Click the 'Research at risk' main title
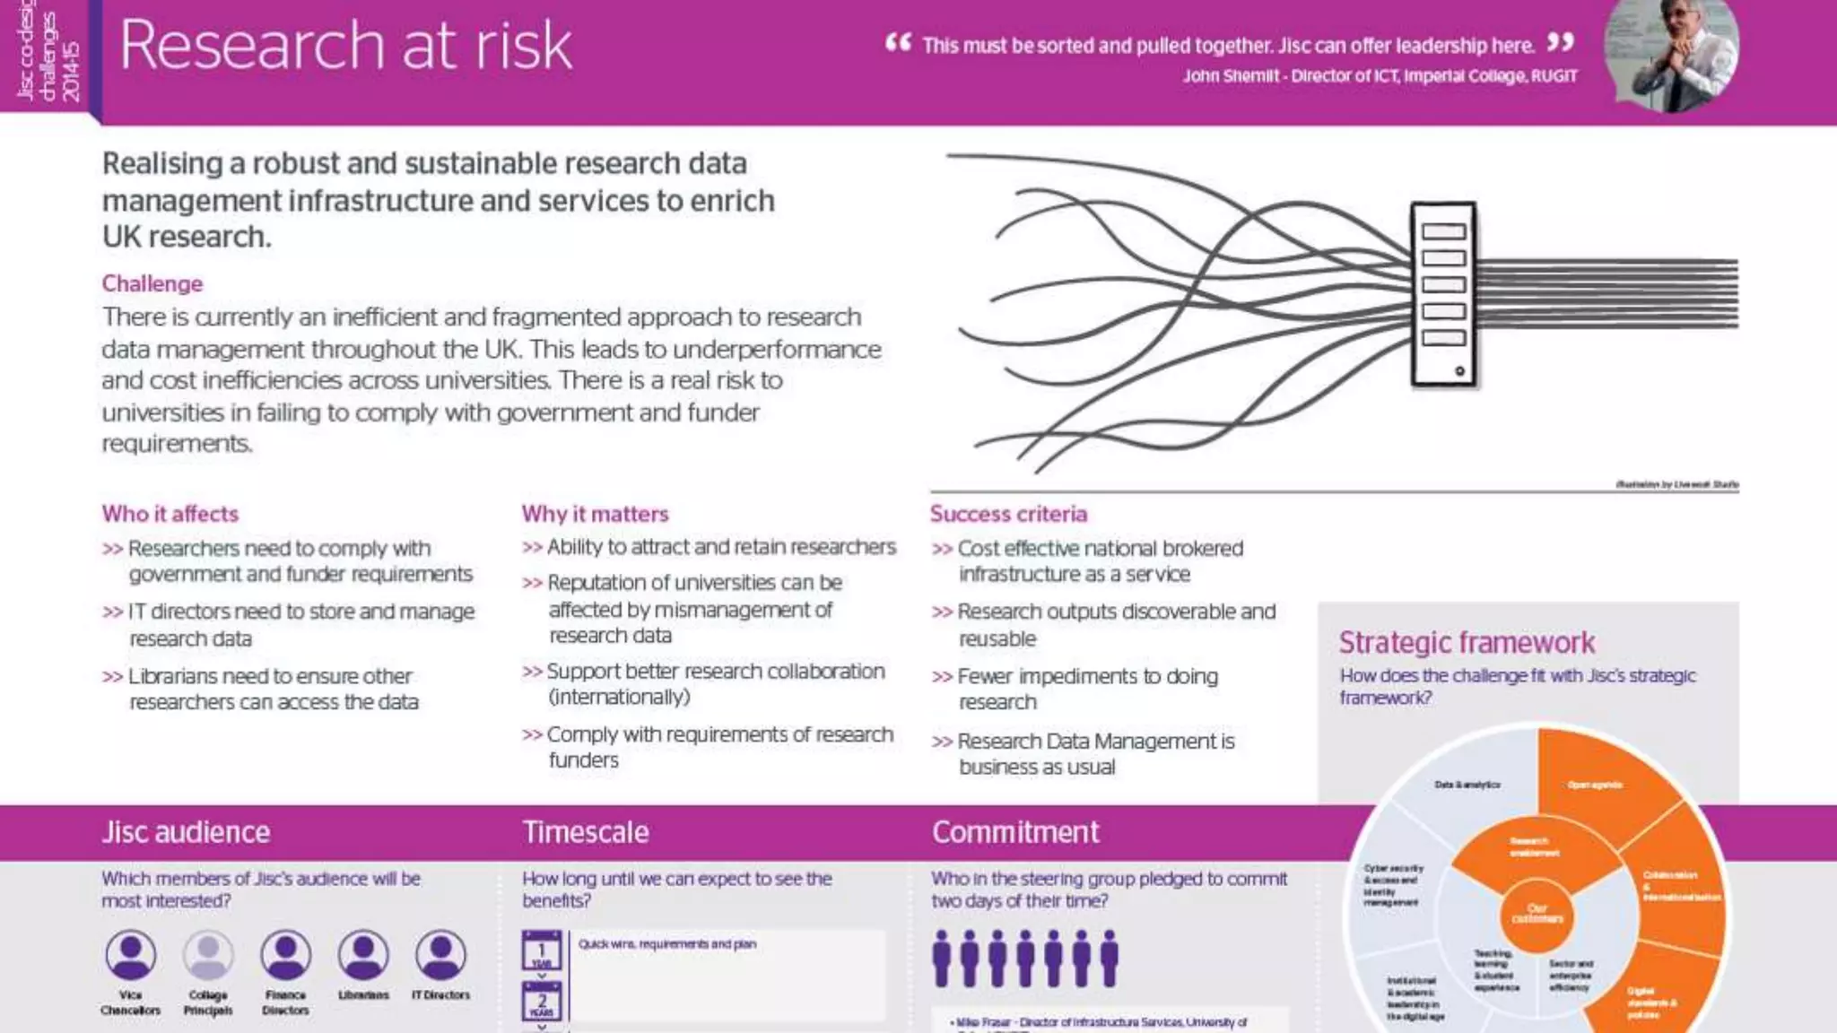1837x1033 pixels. [x=345, y=46]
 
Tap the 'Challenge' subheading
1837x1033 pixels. [x=152, y=283]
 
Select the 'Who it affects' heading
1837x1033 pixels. [x=170, y=514]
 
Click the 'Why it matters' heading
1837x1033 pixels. [x=596, y=514]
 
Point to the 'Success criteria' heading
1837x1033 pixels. [x=1008, y=514]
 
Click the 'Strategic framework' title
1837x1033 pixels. [x=1467, y=642]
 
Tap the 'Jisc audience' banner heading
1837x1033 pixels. [x=186, y=832]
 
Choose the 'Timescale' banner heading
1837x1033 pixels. [x=586, y=832]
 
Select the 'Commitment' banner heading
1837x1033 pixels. [x=1015, y=832]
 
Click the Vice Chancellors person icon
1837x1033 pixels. [x=131, y=955]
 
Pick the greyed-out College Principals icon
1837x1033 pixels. [x=208, y=955]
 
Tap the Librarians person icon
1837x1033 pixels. [x=363, y=955]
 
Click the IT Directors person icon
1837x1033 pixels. [x=441, y=955]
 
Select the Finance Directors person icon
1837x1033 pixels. [x=286, y=955]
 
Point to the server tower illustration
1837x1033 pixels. [x=1443, y=295]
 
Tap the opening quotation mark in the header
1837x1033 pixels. [x=898, y=42]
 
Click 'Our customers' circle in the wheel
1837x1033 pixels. [x=1537, y=913]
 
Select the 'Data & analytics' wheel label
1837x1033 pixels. [x=1467, y=785]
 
